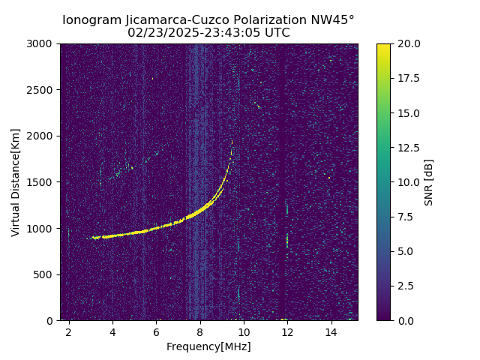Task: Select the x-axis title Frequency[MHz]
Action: (x=208, y=346)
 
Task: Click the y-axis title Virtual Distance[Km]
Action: (x=16, y=182)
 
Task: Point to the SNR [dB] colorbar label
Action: (x=429, y=182)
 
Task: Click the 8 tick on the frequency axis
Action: (x=200, y=331)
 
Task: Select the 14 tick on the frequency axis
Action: (x=331, y=331)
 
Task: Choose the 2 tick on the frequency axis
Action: (x=69, y=331)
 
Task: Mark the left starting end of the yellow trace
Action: (x=93, y=238)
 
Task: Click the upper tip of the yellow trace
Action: (x=232, y=142)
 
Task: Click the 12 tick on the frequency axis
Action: (x=287, y=331)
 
